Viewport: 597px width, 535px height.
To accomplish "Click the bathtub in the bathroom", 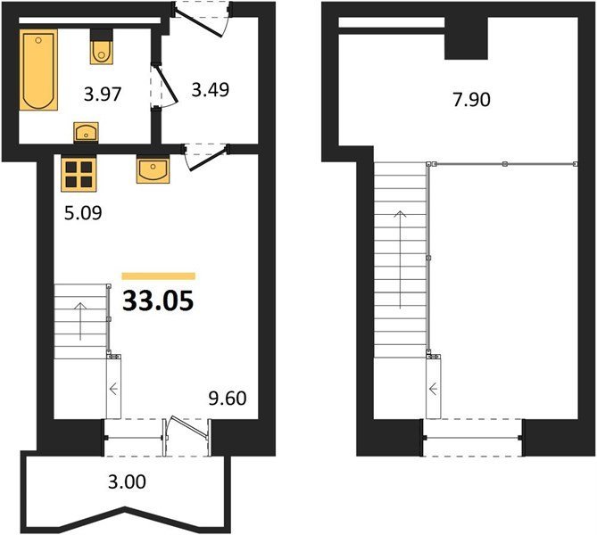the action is pos(38,70).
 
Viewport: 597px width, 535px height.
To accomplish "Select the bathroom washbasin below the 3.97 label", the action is pos(86,132).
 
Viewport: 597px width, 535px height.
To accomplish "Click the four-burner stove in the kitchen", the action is pos(79,174).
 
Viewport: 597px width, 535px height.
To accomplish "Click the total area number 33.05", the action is pos(158,300).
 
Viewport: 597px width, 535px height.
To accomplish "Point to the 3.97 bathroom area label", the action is pos(103,94).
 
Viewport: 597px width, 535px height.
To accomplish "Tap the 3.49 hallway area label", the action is pos(211,90).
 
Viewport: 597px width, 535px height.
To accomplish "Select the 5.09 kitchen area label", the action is pos(83,213).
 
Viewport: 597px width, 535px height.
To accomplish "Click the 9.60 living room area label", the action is pos(228,399).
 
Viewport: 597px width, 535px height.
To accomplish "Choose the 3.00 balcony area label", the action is pos(127,482).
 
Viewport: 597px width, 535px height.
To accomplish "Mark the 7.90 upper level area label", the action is pos(472,100).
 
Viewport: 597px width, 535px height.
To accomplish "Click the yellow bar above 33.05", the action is pos(158,276).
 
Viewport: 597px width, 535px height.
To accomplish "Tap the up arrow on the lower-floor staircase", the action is pos(80,322).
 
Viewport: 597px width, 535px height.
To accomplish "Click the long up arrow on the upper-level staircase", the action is pos(400,259).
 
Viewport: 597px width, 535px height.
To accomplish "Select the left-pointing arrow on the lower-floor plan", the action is pos(113,389).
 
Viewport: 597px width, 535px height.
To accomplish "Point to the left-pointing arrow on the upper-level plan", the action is pos(434,389).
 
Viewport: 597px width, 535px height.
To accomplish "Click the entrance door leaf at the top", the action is pos(198,23).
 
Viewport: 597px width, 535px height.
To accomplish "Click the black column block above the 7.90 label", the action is pos(466,38).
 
